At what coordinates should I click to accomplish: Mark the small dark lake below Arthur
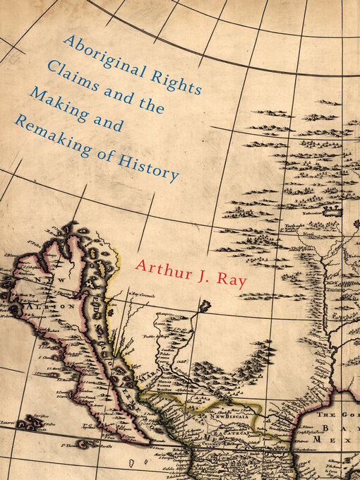click(x=205, y=306)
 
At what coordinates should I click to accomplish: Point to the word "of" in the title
click(x=113, y=148)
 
